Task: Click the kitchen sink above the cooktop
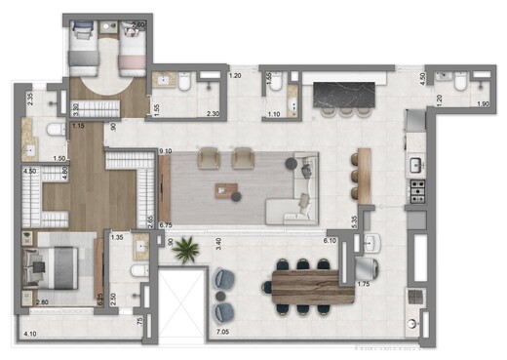[415, 160]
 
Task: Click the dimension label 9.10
[165, 150]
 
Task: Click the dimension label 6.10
[330, 240]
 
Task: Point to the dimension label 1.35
[117, 236]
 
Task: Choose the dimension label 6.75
[165, 223]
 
